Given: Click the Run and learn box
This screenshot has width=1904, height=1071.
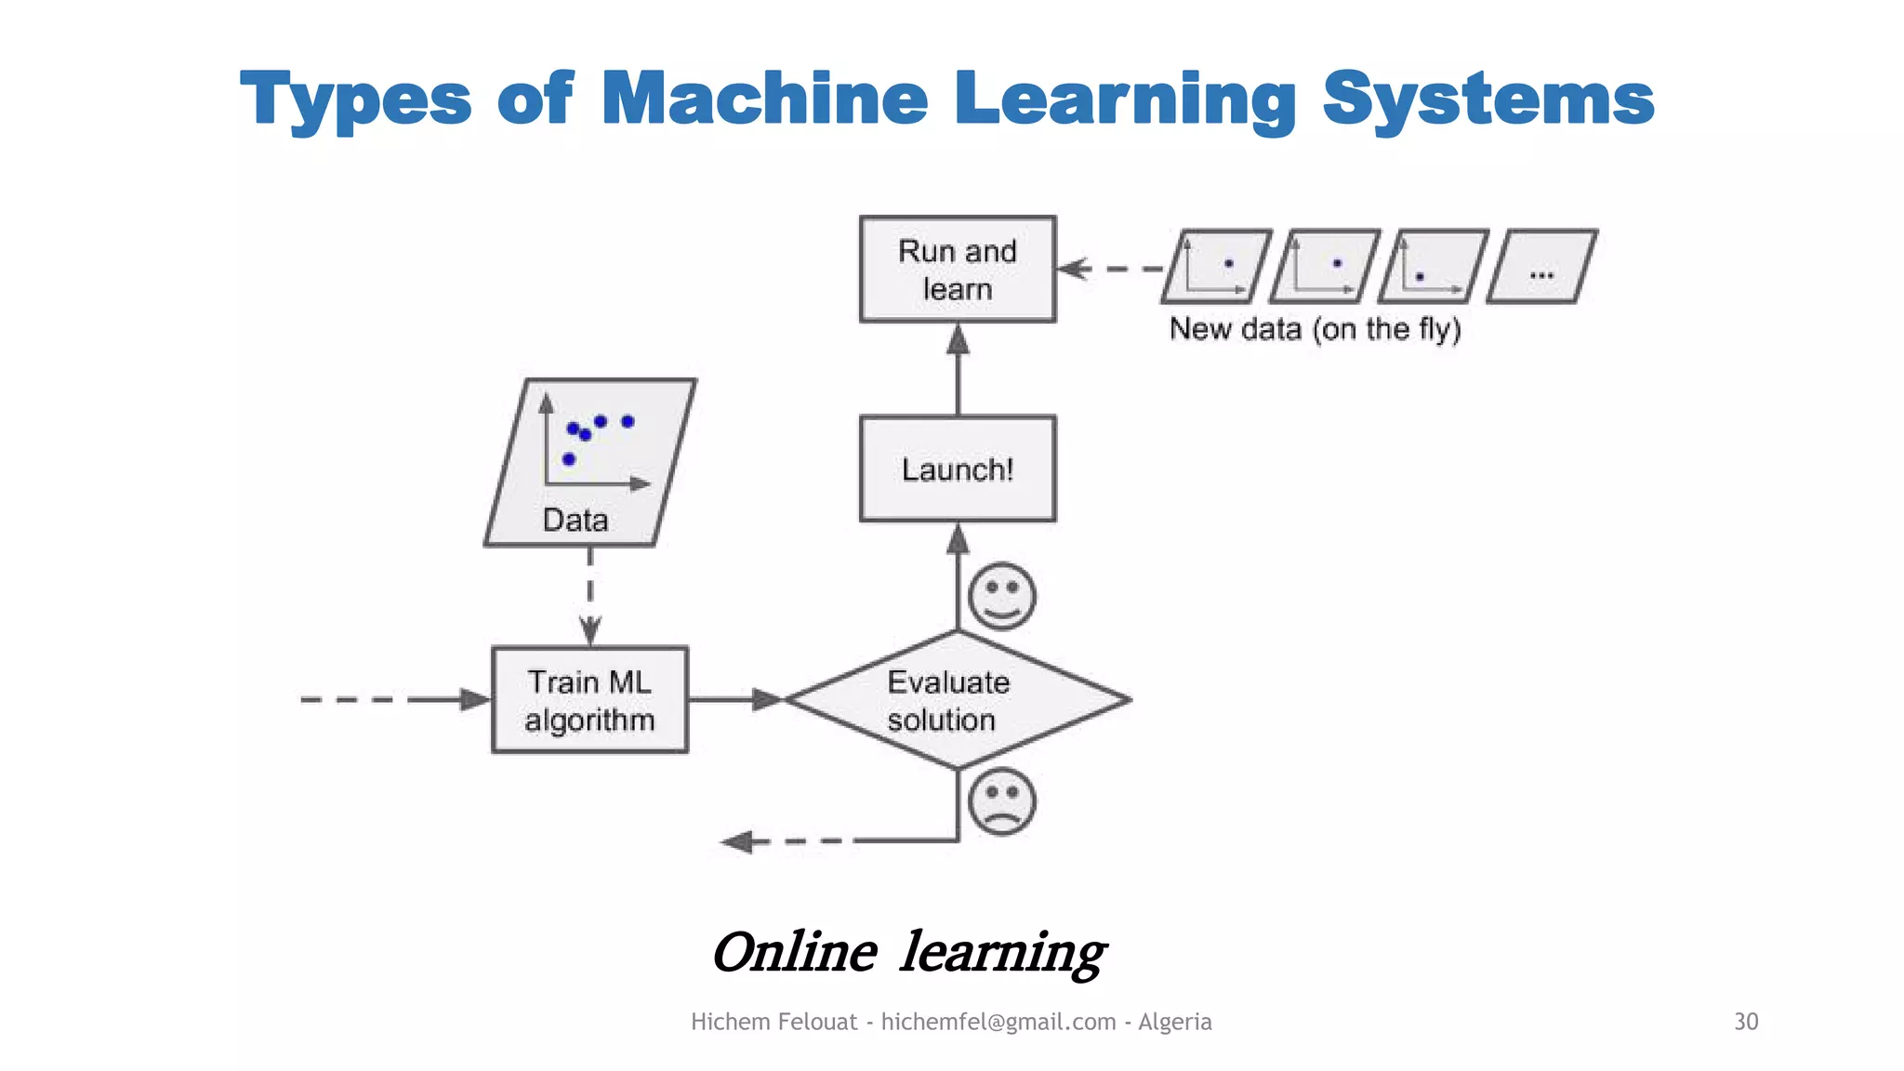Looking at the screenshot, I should pyautogui.click(x=958, y=270).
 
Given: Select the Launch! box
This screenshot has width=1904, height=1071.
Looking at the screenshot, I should pyautogui.click(x=958, y=469).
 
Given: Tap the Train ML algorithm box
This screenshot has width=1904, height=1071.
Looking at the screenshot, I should pyautogui.click(x=589, y=700).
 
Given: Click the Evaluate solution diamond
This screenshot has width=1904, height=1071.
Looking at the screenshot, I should pyautogui.click(x=958, y=700).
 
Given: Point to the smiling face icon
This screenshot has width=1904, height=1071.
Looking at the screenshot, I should pyautogui.click(x=1001, y=596).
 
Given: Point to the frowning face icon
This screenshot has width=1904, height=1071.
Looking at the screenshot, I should pyautogui.click(x=1001, y=801).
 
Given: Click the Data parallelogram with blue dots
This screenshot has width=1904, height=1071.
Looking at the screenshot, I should pyautogui.click(x=589, y=462).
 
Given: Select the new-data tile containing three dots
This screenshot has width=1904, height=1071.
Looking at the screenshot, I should pyautogui.click(x=1541, y=267).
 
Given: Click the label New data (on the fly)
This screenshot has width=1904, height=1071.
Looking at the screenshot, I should pyautogui.click(x=1315, y=329).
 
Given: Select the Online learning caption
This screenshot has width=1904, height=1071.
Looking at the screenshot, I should pyautogui.click(x=908, y=952).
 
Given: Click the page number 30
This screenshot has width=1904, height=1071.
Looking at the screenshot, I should pyautogui.click(x=1745, y=1022).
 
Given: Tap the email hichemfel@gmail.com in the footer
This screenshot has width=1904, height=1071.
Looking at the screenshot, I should pyautogui.click(x=998, y=1022).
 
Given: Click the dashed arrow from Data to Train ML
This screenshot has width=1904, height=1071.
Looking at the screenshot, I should pyautogui.click(x=590, y=595).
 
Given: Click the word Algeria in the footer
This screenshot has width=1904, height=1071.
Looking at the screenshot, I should pyautogui.click(x=1174, y=1022).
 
